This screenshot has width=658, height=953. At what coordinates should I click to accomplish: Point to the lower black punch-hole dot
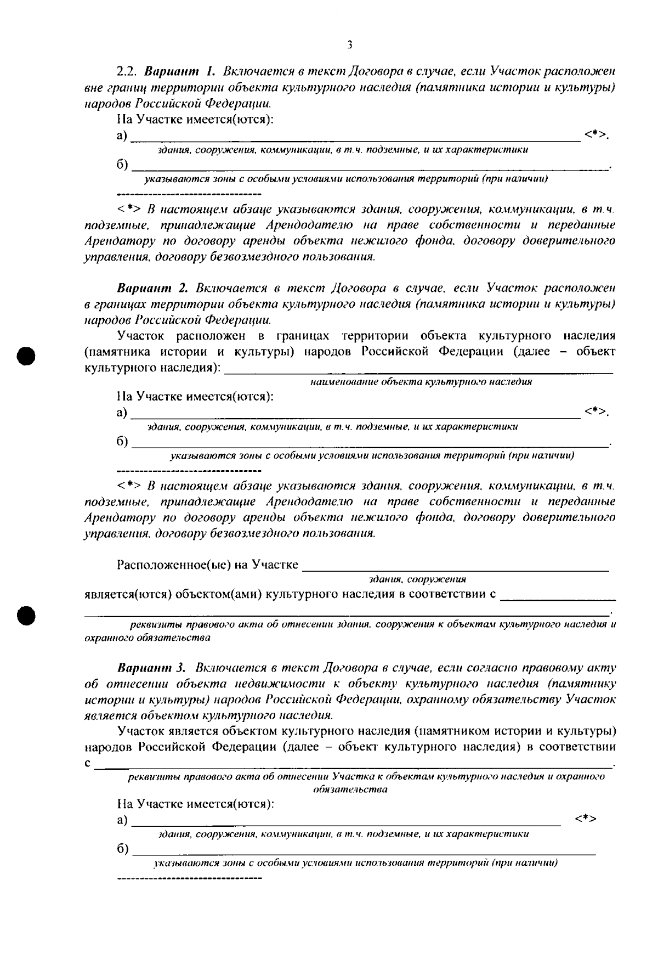coord(26,615)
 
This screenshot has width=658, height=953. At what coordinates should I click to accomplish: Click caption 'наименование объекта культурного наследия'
coord(421,382)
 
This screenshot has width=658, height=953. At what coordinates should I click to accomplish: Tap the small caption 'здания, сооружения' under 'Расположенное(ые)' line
coord(417,579)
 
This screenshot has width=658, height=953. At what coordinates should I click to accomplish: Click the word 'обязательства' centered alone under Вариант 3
coord(350,790)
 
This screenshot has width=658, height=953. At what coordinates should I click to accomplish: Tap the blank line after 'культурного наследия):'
coord(419,372)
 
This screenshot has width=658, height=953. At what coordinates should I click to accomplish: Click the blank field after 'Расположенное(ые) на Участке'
coord(455,569)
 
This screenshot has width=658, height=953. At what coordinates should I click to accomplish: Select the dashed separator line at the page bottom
coord(190,878)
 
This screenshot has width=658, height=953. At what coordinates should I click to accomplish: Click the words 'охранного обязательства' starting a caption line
coord(148,638)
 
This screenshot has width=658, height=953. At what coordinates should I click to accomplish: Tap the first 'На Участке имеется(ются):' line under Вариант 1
coord(195,119)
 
